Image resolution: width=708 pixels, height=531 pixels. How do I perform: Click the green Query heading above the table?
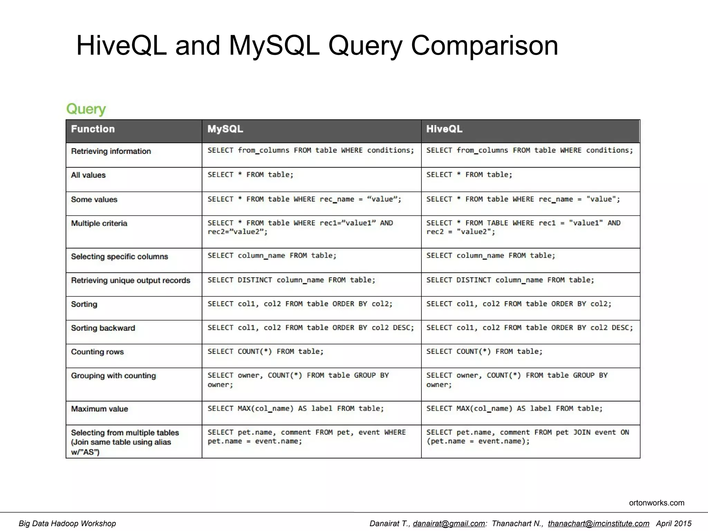coord(86,109)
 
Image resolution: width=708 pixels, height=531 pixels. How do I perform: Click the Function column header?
coord(93,129)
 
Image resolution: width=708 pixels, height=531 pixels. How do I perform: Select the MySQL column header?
coord(225,129)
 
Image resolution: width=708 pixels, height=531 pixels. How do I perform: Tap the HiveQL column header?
coord(444,129)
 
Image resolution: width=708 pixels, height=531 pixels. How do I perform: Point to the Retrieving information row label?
coord(111,151)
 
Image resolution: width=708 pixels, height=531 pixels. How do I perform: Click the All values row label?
coord(88,175)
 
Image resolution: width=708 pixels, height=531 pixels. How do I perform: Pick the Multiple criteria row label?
coord(99,224)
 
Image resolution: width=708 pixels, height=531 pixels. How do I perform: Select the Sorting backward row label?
coord(103,328)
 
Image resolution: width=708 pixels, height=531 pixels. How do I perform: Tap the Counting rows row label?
coord(97,352)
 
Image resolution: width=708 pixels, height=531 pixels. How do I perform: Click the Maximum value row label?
coord(100,409)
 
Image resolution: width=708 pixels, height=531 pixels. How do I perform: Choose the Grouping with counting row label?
coord(113,376)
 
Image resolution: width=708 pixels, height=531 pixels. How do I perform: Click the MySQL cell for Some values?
coord(304,199)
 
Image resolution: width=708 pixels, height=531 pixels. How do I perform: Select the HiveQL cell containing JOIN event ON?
coord(528,437)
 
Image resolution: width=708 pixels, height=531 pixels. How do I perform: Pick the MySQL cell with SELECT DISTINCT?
coord(291,280)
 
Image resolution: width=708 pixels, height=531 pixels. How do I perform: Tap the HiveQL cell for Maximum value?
coord(514,409)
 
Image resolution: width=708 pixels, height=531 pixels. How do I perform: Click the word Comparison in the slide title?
coord(484,46)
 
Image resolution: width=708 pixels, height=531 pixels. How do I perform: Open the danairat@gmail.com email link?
coord(448,523)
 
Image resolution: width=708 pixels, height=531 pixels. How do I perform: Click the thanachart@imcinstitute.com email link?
coord(598,523)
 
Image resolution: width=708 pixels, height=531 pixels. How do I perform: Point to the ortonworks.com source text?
coord(656,503)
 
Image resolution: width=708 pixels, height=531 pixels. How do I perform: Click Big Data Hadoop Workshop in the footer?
coord(67,523)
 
